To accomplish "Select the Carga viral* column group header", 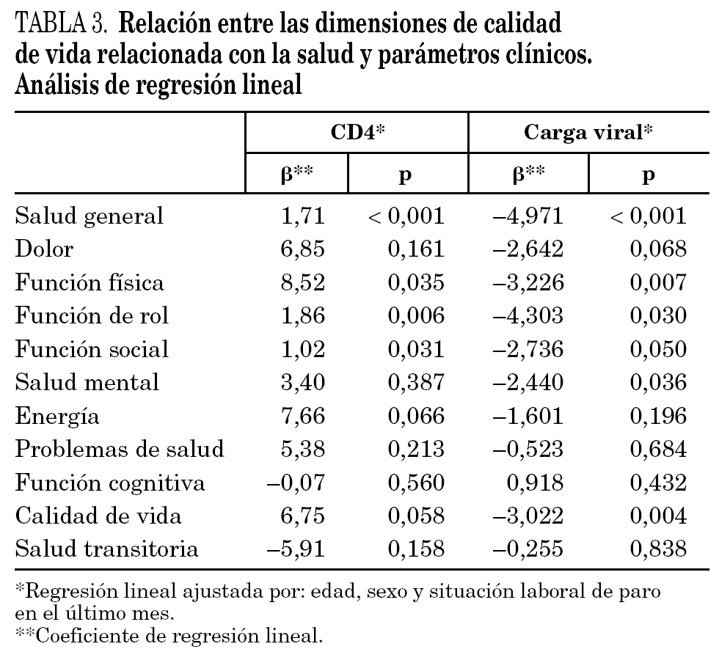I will tap(588, 133).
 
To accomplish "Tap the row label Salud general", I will tap(90, 216).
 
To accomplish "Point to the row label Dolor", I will tap(45, 249).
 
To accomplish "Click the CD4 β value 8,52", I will tap(303, 282).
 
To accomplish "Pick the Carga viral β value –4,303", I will tap(528, 316).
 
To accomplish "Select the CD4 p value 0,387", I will tap(416, 383).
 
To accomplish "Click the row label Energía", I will tap(57, 417).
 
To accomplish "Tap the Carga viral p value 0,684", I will tap(657, 450).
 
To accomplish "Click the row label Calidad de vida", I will tap(88, 516).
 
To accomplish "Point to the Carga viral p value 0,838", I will tap(657, 550).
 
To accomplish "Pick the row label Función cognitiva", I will tap(110, 483).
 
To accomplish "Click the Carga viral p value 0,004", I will tap(657, 516).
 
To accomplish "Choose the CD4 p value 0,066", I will tap(416, 417).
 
